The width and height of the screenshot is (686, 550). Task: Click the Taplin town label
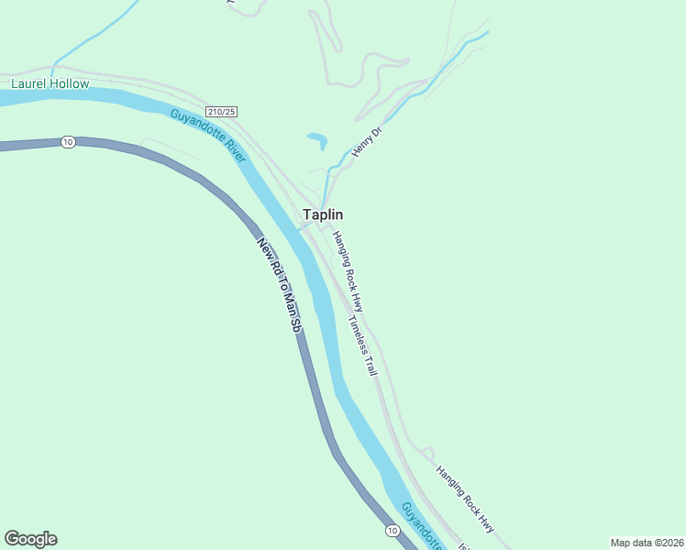[323, 214]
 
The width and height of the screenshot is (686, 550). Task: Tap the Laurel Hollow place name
[50, 83]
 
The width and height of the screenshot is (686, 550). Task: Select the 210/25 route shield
[222, 111]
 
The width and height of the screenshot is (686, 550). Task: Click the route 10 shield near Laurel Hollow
[68, 142]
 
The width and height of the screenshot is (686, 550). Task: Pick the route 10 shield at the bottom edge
[393, 531]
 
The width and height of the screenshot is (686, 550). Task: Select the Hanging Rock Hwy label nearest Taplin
[349, 269]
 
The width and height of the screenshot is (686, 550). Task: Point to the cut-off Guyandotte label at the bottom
[421, 525]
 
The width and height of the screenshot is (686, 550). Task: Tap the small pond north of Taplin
[317, 140]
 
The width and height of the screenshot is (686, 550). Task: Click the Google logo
[30, 539]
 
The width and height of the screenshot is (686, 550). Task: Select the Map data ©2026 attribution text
[647, 542]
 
